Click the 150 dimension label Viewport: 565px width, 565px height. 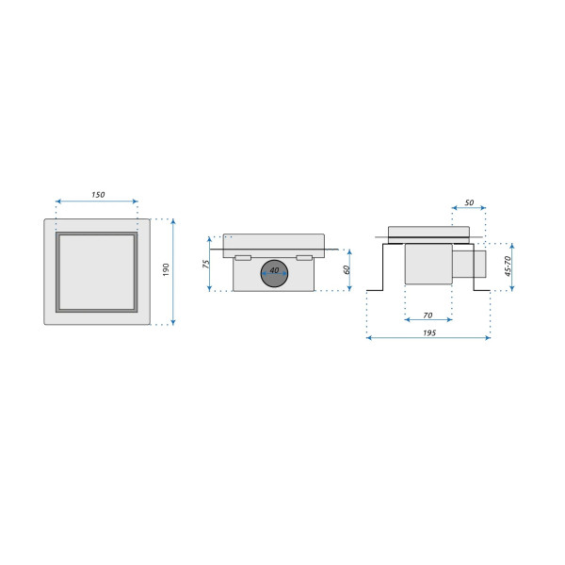pos(98,195)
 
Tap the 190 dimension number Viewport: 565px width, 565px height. pos(166,270)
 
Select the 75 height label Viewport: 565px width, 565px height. pos(206,264)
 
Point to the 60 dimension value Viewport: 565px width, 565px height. pos(347,269)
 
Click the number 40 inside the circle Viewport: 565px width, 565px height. pos(275,270)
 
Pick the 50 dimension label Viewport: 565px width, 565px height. pos(469,202)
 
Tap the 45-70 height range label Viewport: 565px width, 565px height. pos(508,266)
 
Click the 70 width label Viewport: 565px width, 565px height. pos(428,315)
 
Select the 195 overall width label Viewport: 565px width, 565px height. pos(429,333)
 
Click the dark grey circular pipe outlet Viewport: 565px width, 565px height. pos(275,273)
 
